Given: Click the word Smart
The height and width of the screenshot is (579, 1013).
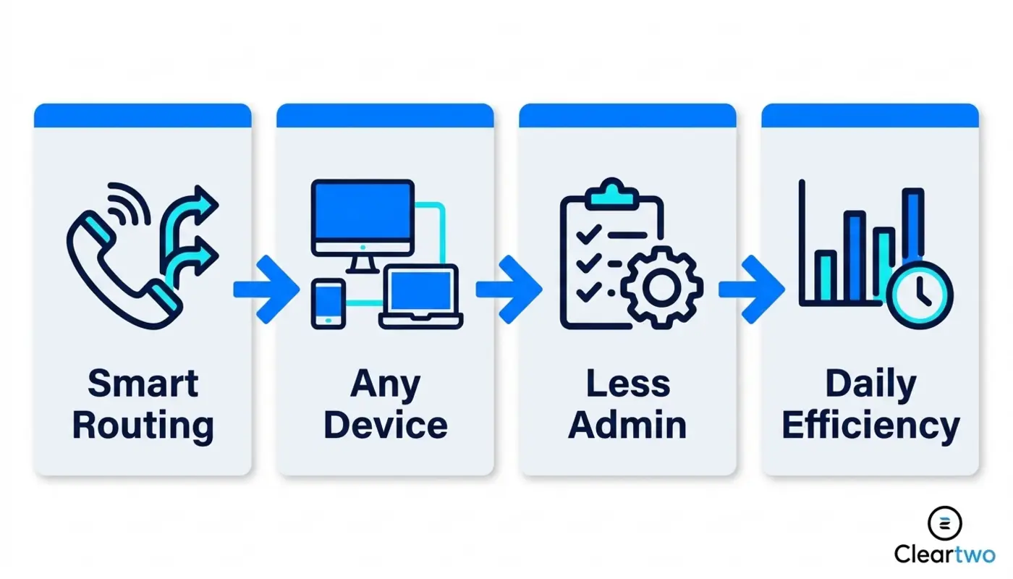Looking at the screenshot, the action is [143, 384].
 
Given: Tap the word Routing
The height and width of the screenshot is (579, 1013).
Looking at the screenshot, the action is [143, 426].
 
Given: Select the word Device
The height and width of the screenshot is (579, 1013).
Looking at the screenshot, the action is [385, 426].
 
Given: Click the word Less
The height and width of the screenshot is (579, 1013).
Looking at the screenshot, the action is [628, 384].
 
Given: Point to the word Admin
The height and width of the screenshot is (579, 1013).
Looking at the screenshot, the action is [628, 426].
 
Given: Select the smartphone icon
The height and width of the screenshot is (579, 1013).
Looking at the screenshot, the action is [329, 303].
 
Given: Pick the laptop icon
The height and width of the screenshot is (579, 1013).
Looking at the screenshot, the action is [420, 296].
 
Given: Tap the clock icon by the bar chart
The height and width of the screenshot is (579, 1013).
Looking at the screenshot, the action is [920, 295].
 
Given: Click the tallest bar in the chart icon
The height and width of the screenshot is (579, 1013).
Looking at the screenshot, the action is [913, 226].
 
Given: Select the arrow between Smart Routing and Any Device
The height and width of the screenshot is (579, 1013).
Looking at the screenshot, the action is [266, 289].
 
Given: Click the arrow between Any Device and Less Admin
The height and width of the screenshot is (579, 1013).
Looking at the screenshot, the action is [509, 289].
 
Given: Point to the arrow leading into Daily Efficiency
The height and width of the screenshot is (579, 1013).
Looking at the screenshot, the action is [752, 289].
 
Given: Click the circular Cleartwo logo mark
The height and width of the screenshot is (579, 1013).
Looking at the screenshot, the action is [945, 524].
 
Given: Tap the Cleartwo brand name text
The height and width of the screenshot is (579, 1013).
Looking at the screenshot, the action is [945, 554].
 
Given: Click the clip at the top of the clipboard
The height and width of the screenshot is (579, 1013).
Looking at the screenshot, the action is [611, 195].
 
